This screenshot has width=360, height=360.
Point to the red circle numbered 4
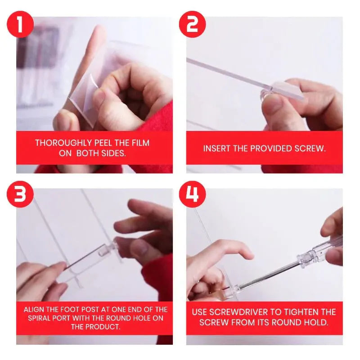pyautogui.click(x=192, y=197)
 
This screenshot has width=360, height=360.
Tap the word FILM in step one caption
pyautogui.click(x=139, y=143)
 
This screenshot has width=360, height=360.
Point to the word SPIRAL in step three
pyautogui.click(x=39, y=318)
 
